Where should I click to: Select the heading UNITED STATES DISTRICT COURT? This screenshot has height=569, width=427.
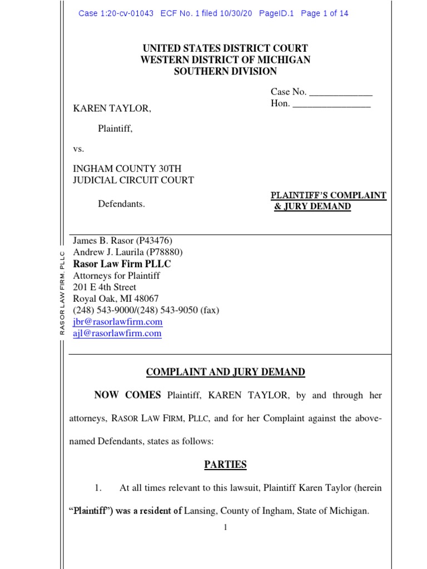coord(225,48)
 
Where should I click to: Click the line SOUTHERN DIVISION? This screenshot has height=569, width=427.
coord(225,71)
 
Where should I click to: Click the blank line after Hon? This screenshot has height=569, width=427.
coord(331,104)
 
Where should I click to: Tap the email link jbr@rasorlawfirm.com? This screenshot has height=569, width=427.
coord(117,322)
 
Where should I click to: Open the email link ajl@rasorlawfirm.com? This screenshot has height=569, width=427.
coord(117,333)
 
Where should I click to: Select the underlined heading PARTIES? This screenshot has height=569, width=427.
coord(225,465)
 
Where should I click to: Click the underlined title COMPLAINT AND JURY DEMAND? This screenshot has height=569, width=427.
coord(225,372)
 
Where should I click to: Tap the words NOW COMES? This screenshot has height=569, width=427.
coord(127,396)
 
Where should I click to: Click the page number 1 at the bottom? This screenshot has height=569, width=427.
coord(225,527)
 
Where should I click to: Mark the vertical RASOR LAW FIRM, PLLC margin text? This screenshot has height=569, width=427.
coord(63,294)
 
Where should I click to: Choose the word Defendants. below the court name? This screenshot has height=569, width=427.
coord(121,204)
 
